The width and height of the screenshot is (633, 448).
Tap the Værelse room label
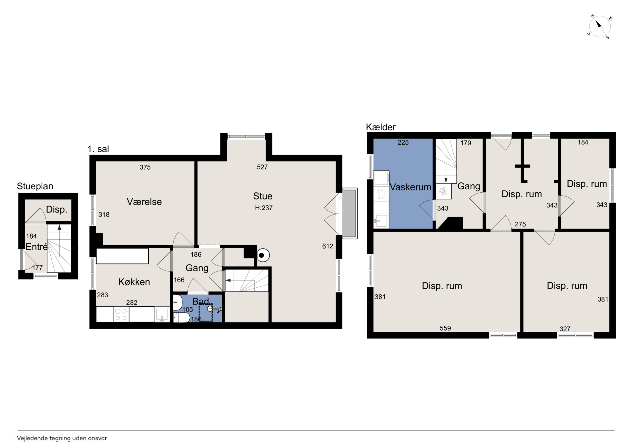click(x=144, y=202)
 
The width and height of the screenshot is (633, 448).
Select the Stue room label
click(x=263, y=196)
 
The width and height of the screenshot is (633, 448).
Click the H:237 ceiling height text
click(x=264, y=208)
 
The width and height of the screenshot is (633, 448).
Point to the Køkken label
click(x=134, y=282)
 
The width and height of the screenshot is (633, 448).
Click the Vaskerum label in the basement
click(x=410, y=187)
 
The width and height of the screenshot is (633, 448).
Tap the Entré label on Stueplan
click(x=36, y=247)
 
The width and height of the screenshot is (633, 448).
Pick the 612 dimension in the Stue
click(x=327, y=246)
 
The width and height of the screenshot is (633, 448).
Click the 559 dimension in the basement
click(x=445, y=328)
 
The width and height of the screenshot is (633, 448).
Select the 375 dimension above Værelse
click(x=145, y=167)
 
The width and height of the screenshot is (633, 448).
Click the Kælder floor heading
click(x=381, y=127)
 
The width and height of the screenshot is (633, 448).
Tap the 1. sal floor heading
click(x=98, y=149)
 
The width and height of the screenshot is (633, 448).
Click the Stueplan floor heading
click(x=35, y=186)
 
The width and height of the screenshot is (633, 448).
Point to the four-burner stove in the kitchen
click(x=121, y=314)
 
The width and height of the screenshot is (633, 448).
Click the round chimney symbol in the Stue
click(x=263, y=255)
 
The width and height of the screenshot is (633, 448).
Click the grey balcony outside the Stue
click(x=350, y=213)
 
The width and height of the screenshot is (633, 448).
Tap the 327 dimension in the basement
click(x=565, y=329)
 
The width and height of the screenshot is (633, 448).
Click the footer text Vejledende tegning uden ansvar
click(x=62, y=438)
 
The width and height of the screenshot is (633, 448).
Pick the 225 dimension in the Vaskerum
click(x=403, y=142)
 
